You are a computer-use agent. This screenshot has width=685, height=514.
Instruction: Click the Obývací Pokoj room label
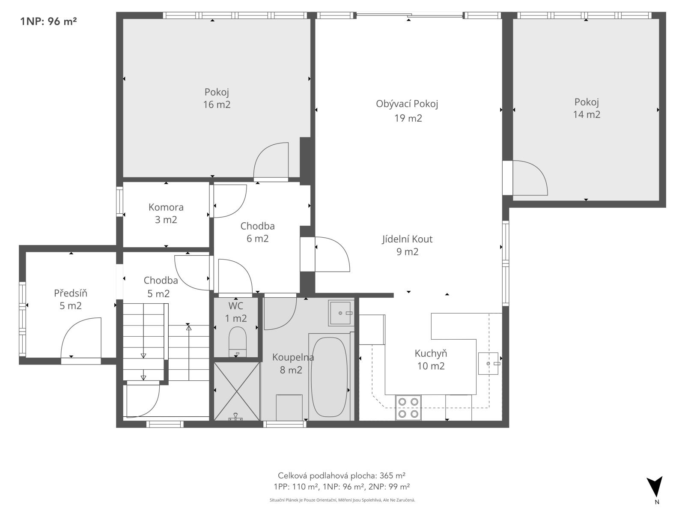(407, 104)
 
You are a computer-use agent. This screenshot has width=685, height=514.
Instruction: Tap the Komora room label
(166, 207)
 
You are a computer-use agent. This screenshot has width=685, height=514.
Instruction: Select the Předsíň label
(71, 293)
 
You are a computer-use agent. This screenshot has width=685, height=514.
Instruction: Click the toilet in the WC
(238, 341)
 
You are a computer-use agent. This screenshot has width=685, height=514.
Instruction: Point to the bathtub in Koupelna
(329, 377)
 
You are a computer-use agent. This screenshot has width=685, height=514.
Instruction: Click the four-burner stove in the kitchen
(408, 408)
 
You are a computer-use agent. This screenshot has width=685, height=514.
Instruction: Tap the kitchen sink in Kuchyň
(488, 363)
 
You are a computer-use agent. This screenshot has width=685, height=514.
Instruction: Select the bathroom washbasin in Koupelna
(340, 313)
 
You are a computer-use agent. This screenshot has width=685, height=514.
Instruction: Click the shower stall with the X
(237, 391)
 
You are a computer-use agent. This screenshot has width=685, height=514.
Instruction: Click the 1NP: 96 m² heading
(48, 21)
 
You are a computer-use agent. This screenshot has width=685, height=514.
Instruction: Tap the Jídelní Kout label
(407, 239)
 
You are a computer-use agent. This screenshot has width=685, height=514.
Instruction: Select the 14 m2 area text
(587, 114)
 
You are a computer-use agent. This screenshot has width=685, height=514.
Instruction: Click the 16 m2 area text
(217, 105)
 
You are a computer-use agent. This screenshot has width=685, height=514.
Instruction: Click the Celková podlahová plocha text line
(341, 475)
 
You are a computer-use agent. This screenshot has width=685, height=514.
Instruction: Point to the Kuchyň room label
(431, 354)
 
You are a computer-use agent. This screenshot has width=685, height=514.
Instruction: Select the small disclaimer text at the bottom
(342, 500)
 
